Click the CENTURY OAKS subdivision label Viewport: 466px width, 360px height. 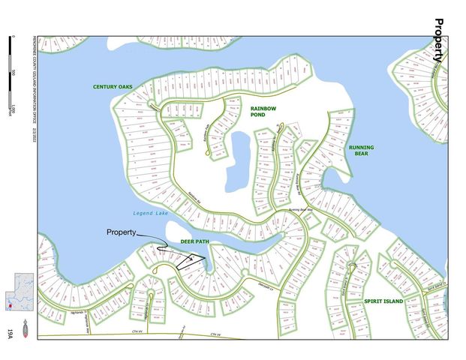(113, 87)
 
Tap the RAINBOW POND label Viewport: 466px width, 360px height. (264, 112)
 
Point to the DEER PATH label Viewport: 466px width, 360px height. (194, 241)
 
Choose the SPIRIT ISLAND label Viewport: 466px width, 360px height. (383, 301)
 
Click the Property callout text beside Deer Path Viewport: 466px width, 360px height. (122, 232)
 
